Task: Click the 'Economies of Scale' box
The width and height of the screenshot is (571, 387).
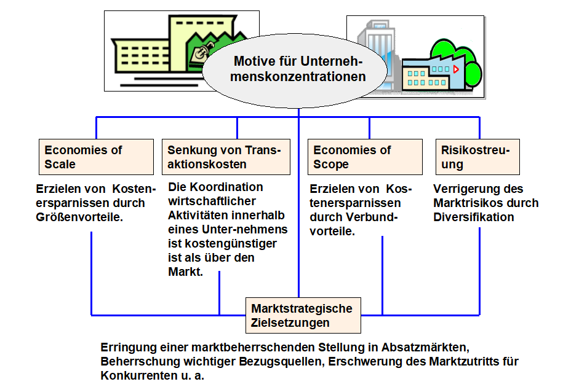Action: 96,157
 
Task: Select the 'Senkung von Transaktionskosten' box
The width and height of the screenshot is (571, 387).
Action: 226,157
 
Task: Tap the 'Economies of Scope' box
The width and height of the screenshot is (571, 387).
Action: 365,157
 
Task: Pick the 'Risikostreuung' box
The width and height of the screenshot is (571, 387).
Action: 477,157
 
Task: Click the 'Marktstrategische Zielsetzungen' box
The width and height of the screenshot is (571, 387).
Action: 303,315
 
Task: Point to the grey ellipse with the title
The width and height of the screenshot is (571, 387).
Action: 295,71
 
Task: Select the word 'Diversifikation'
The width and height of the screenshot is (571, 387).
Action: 473,217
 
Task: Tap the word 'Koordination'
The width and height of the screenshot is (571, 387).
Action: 226,187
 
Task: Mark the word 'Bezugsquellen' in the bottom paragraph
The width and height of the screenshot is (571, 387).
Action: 280,362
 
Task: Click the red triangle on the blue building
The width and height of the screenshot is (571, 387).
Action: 455,69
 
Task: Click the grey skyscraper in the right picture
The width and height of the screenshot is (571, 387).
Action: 375,51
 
